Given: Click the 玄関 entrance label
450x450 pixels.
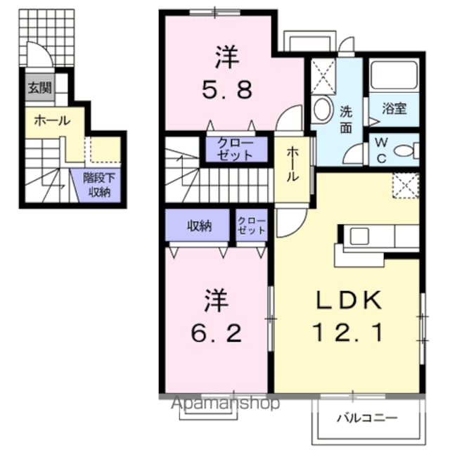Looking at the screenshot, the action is [39, 87].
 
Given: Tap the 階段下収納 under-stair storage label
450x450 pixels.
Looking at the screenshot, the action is [99, 185].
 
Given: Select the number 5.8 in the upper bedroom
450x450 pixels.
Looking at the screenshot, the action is [227, 89].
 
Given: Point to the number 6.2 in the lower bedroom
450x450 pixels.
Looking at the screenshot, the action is [216, 333].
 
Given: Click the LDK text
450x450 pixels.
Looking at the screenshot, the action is [349, 300].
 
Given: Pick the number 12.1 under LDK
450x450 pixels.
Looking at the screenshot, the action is [349, 333].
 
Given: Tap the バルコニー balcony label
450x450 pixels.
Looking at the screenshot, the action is [367, 418].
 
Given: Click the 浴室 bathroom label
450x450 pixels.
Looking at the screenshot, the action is [394, 108].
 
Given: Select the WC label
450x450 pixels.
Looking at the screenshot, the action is [381, 150].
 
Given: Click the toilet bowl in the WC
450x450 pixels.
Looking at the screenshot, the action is [406, 150].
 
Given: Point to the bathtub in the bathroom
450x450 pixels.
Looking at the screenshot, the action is [394, 75].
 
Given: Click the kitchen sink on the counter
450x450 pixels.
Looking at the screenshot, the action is [359, 236].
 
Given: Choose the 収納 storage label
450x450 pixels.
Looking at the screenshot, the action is [200, 226].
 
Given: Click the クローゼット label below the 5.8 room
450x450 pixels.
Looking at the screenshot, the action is [236, 149].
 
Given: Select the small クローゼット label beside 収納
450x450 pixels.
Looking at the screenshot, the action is [252, 226].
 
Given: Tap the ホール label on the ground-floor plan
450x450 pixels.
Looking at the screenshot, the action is [52, 120].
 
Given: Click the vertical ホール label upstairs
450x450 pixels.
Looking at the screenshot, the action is [292, 164].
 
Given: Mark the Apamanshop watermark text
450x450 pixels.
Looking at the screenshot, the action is [225, 403].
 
